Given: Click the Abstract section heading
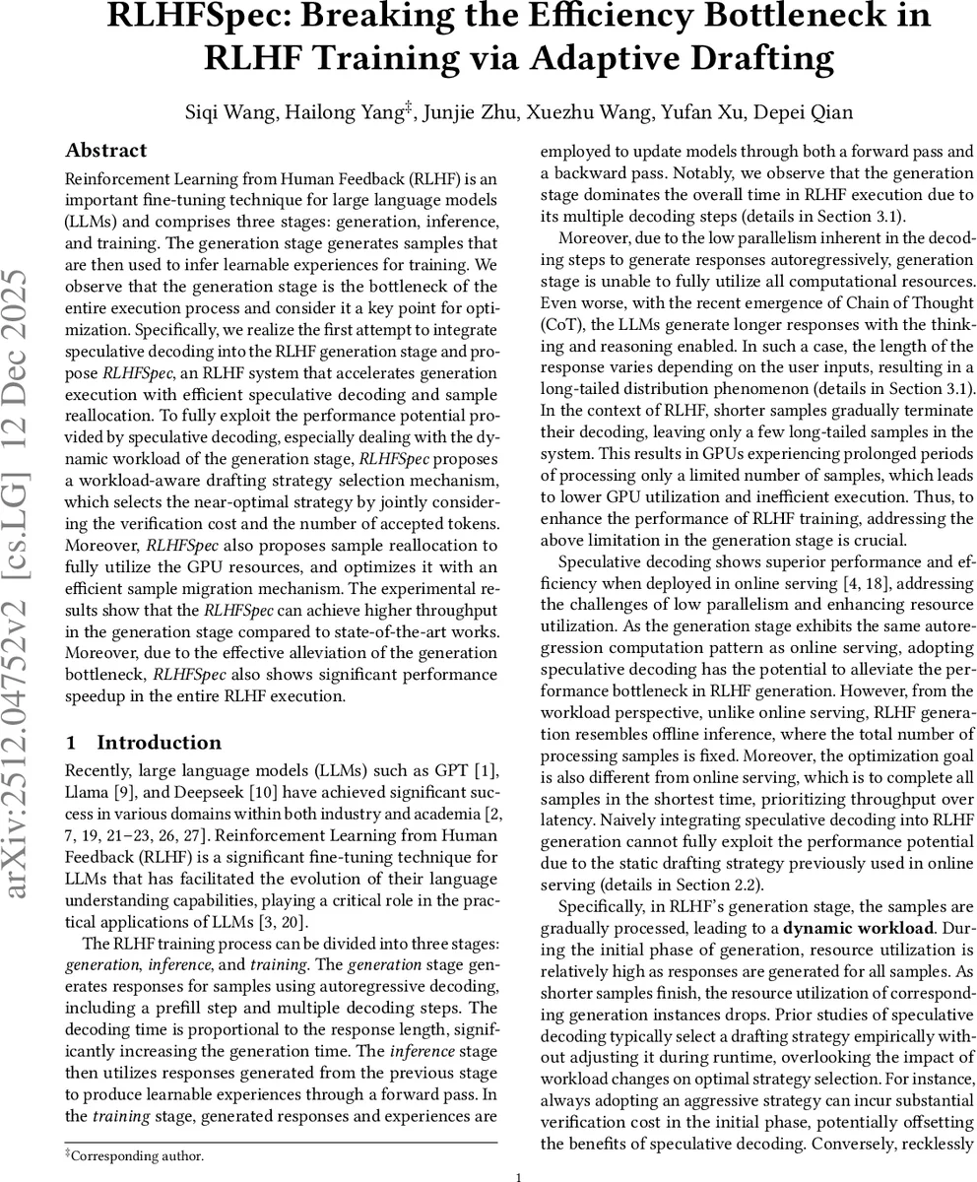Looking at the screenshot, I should pyautogui.click(x=105, y=151).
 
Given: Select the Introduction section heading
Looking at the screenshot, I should pyautogui.click(x=159, y=743).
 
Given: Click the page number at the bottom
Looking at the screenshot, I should pyautogui.click(x=518, y=1176).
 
